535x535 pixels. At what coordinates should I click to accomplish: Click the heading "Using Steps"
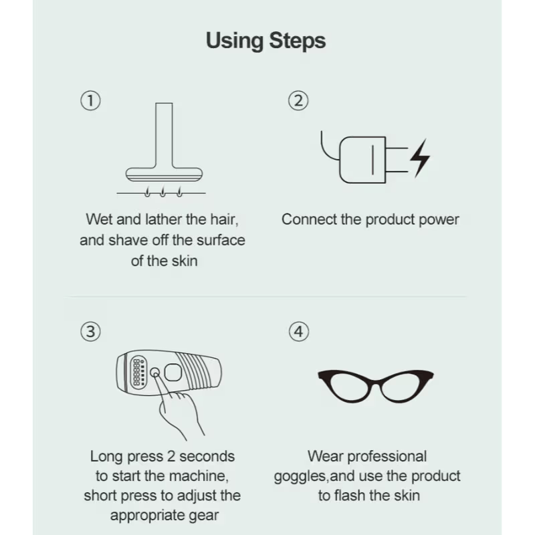coord(265,41)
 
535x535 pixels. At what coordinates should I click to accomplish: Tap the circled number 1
coord(90,101)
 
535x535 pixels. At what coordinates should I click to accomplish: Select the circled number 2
coord(298,101)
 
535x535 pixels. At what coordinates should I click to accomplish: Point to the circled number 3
coord(90,332)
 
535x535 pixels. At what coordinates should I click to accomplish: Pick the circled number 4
coord(299,332)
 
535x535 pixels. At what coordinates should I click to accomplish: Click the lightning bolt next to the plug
coord(420,158)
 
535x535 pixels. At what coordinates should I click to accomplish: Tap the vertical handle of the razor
coord(164,135)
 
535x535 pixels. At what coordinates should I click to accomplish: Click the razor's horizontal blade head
coord(164,175)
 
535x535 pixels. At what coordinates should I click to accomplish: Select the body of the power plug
coord(362,160)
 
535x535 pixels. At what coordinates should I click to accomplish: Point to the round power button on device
coord(155,372)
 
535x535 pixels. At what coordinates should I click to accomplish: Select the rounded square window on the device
coord(173,372)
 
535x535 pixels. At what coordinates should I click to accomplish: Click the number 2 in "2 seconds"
coord(171,457)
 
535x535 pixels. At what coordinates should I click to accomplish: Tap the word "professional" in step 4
coord(387,457)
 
